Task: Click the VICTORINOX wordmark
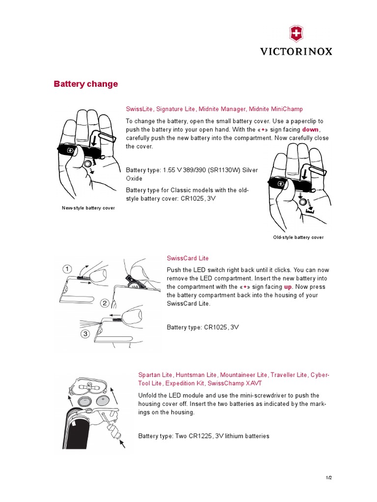click(x=296, y=51)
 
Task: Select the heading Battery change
click(x=86, y=84)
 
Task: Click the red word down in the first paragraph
click(x=311, y=129)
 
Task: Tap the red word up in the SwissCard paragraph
click(x=288, y=287)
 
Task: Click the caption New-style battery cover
click(x=88, y=208)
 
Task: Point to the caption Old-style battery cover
click(x=298, y=237)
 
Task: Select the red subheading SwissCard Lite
click(x=188, y=258)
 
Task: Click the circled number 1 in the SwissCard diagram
click(x=67, y=269)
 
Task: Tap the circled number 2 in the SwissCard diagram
click(x=105, y=303)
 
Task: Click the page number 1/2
click(x=329, y=477)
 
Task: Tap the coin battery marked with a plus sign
click(x=104, y=401)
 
